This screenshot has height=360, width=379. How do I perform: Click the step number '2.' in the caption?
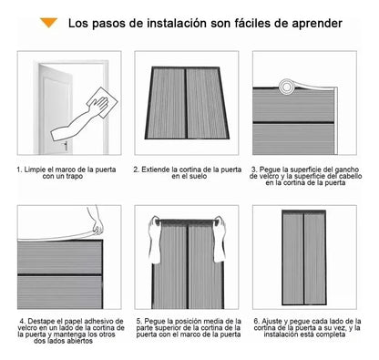[136, 169]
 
